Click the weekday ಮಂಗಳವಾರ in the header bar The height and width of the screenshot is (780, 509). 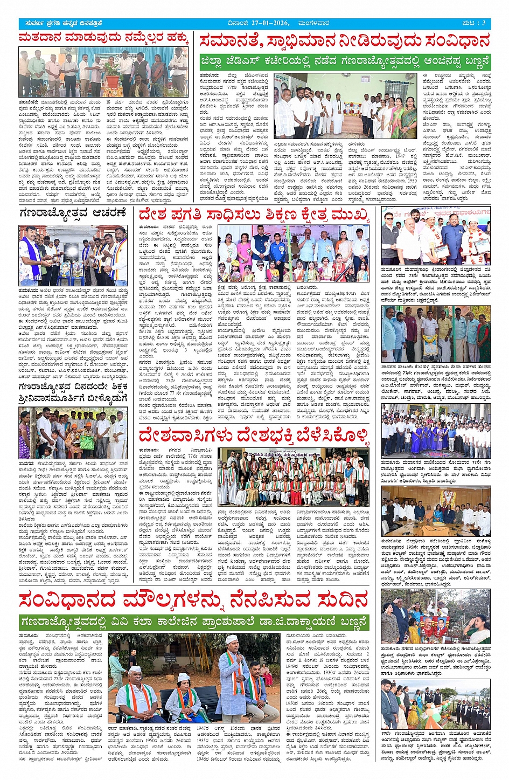tap(315, 23)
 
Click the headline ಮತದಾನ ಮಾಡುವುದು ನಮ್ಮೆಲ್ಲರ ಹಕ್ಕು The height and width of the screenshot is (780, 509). tap(103, 38)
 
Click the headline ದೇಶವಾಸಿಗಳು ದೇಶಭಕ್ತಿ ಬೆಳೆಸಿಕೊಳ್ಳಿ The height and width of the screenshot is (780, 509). tap(254, 435)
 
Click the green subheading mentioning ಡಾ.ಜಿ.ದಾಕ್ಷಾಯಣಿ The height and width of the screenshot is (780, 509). tap(194, 622)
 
